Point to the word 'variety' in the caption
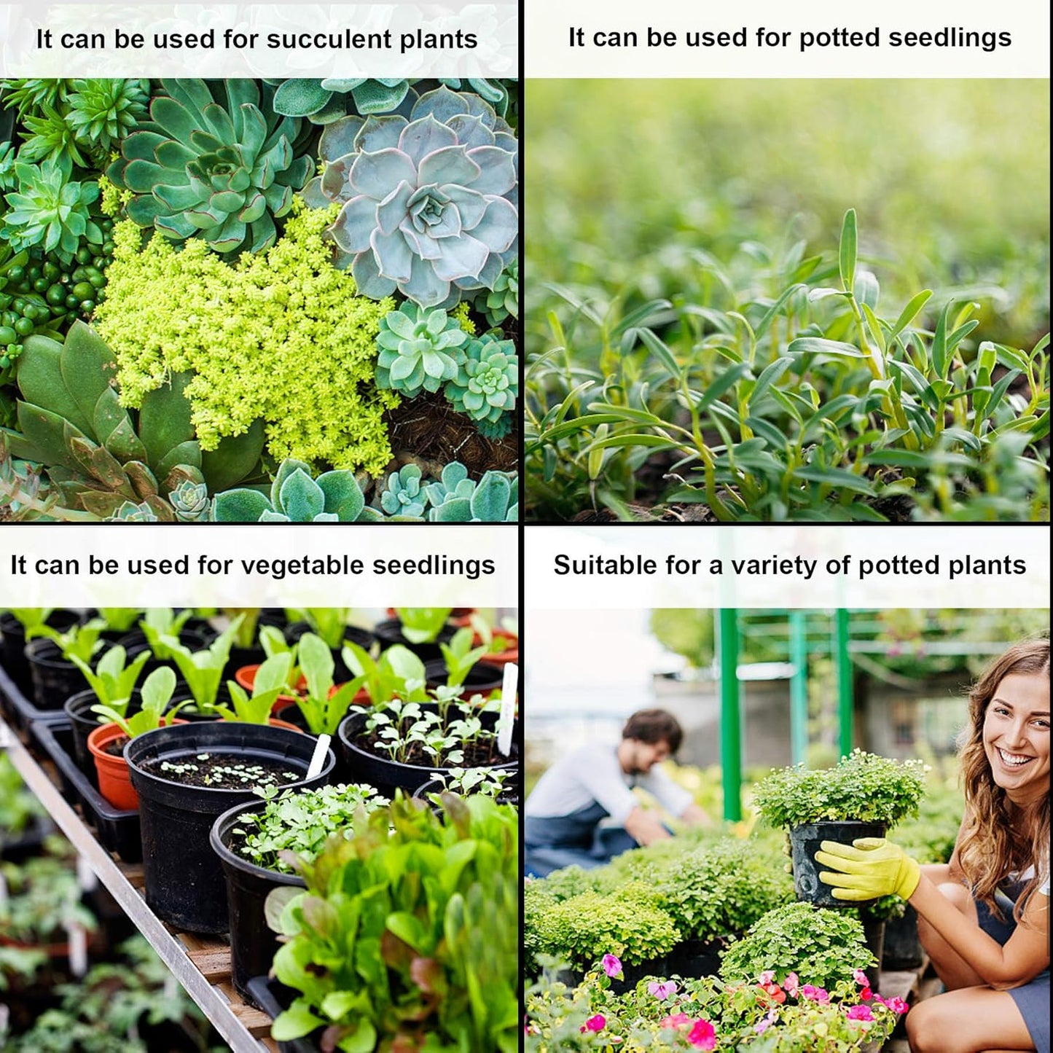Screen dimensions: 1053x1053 [772, 565]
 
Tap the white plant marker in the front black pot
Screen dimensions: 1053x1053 [318, 757]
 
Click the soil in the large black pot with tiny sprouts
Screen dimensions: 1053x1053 [219, 770]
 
